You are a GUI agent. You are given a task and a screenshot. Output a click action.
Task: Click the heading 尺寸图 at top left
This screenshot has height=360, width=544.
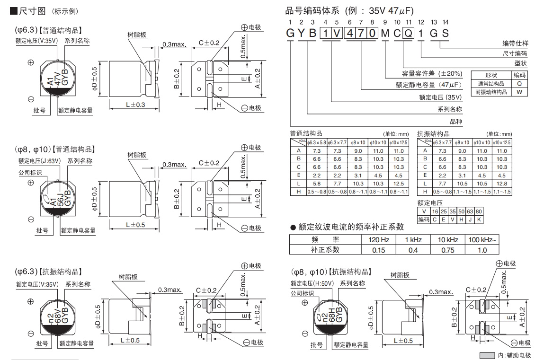pyautogui.click(x=32, y=11)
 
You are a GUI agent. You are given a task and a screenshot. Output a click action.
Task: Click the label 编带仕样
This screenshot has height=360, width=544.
pyautogui.click(x=515, y=44)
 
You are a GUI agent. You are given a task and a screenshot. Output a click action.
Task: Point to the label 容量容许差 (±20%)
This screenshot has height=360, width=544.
pyautogui.click(x=432, y=73)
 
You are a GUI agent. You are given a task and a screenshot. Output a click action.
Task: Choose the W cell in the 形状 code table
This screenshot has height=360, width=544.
pyautogui.click(x=519, y=92)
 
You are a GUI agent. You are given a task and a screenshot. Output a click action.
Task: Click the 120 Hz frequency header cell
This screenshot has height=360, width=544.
pyautogui.click(x=378, y=240)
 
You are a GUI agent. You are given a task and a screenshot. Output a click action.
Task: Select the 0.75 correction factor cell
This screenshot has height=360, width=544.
pyautogui.click(x=447, y=250)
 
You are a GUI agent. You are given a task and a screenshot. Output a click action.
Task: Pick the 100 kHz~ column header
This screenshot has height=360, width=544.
pyautogui.click(x=482, y=240)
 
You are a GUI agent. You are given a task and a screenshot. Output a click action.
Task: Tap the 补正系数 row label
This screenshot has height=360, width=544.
pyautogui.click(x=325, y=250)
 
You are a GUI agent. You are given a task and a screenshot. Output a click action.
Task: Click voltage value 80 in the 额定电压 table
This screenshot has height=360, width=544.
pyautogui.click(x=479, y=211)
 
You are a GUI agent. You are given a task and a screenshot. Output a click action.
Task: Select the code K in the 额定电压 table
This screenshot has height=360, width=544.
pyautogui.click(x=479, y=220)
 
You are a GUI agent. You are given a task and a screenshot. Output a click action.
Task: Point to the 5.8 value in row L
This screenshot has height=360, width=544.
pyautogui.click(x=317, y=184)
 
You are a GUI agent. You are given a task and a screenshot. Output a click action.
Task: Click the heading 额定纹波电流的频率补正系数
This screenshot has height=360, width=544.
pyautogui.click(x=351, y=227)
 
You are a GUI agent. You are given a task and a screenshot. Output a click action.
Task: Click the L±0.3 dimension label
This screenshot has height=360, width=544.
pyautogui.click(x=135, y=105)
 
